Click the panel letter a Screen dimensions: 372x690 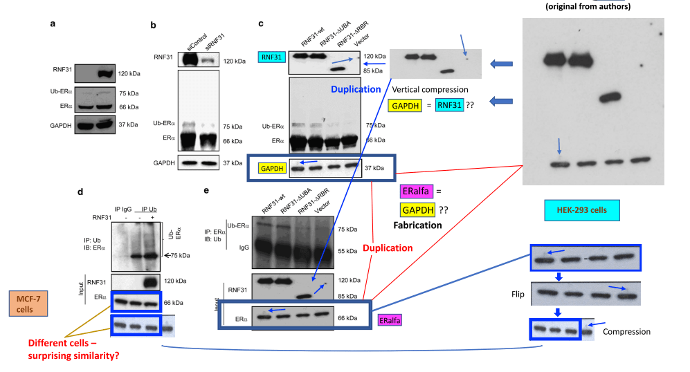(x=53, y=24)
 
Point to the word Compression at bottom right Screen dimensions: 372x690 (x=627, y=332)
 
